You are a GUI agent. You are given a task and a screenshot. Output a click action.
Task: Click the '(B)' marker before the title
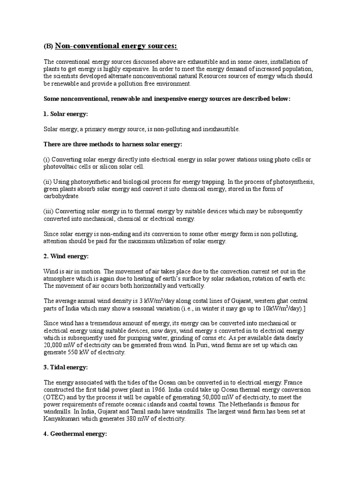click(x=48, y=46)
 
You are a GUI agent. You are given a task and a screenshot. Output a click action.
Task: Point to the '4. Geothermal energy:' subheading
click(x=75, y=434)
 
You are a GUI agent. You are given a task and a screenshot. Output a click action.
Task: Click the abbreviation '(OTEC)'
click(x=54, y=397)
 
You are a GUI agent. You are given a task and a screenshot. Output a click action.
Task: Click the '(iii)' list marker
click(x=49, y=211)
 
